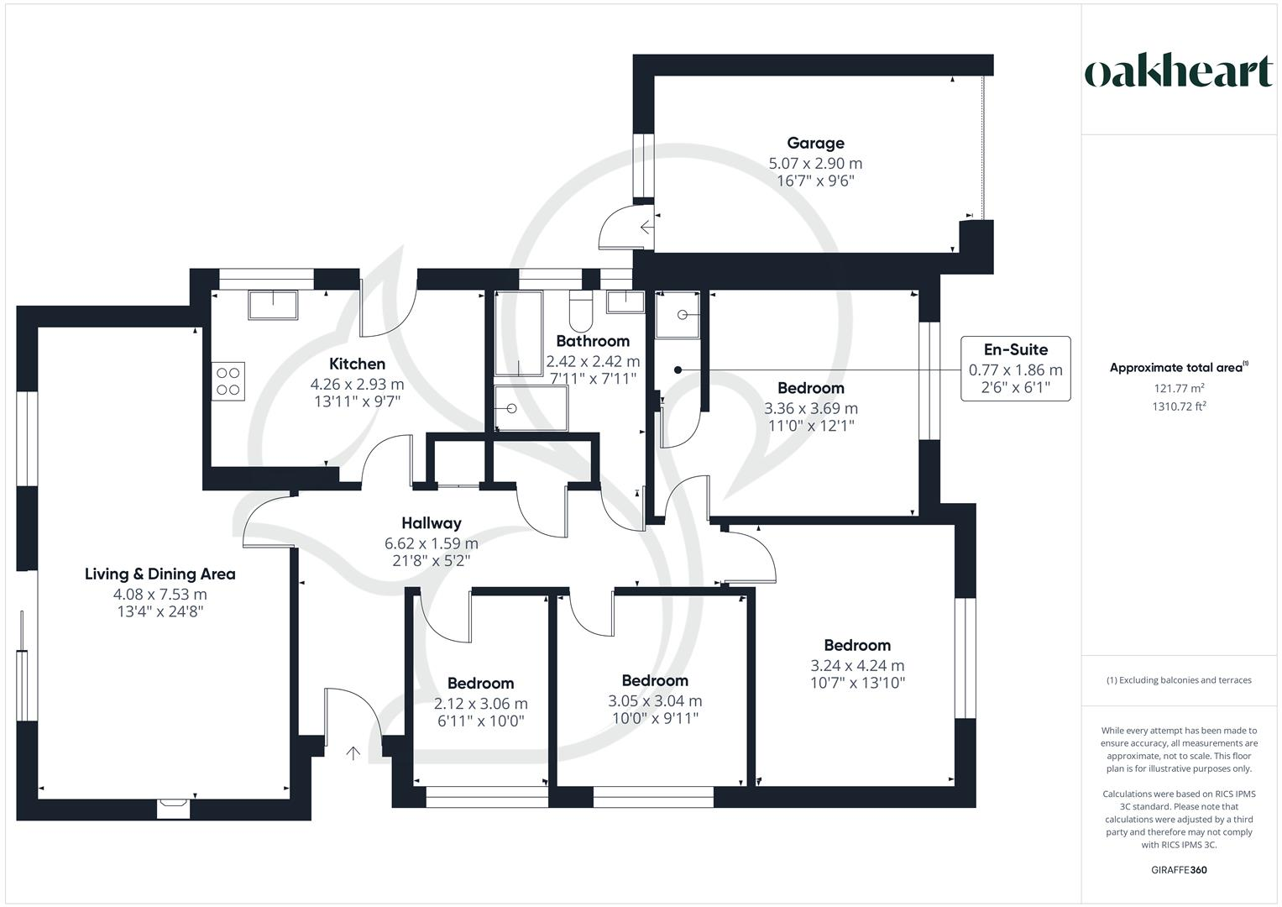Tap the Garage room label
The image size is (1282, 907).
(x=815, y=143)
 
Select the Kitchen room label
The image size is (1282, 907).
(x=357, y=364)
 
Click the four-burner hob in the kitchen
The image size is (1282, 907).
(x=228, y=381)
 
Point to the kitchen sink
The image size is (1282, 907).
(x=273, y=305)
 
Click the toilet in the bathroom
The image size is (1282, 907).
(x=581, y=311)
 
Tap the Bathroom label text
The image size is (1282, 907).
(x=593, y=341)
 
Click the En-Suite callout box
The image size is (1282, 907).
(x=1015, y=368)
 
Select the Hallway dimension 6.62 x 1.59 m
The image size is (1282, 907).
(x=431, y=543)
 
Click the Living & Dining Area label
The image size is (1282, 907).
(x=160, y=574)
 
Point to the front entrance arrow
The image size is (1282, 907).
(x=353, y=753)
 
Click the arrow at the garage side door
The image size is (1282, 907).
(x=646, y=228)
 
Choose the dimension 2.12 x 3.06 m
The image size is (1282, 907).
(x=480, y=703)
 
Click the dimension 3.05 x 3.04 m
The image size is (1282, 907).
(x=655, y=700)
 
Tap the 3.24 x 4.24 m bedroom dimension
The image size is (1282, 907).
(x=856, y=665)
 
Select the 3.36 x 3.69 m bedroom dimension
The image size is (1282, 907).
(x=810, y=408)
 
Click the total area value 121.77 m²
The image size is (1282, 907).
(x=1179, y=388)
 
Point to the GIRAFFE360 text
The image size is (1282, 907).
(x=1179, y=870)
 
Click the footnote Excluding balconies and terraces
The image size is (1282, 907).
(x=1179, y=680)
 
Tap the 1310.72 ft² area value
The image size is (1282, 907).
(x=1179, y=406)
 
